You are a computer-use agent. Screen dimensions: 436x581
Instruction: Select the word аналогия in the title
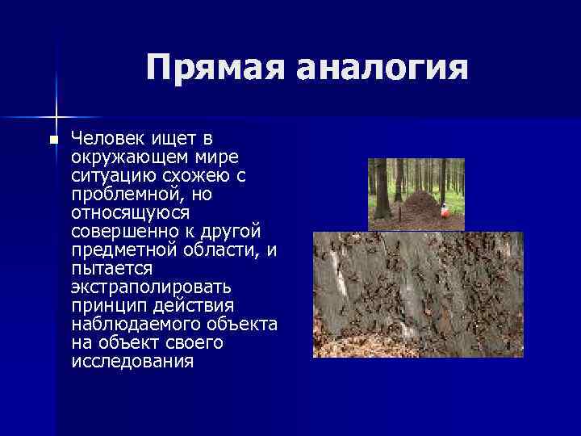(382, 68)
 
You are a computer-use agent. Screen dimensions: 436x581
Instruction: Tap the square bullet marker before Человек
(52, 140)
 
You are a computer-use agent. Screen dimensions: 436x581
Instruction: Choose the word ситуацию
(107, 176)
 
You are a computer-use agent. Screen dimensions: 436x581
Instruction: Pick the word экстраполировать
(151, 287)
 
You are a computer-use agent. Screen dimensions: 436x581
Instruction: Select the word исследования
(132, 362)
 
